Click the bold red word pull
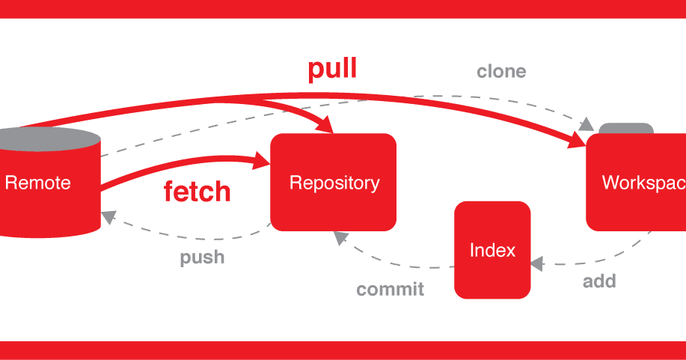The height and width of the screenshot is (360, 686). pyautogui.click(x=332, y=69)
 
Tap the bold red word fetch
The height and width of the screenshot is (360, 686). pyautogui.click(x=197, y=192)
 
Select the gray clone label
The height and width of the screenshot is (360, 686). pyautogui.click(x=501, y=72)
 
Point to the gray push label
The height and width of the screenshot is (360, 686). pyautogui.click(x=202, y=257)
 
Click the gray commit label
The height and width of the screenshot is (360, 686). pyautogui.click(x=390, y=289)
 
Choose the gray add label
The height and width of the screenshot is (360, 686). pyautogui.click(x=599, y=281)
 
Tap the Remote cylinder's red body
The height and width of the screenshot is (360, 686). pyautogui.click(x=45, y=202)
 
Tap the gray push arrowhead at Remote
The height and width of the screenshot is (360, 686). pyautogui.click(x=109, y=216)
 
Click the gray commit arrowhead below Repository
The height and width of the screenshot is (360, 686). pyautogui.click(x=341, y=237)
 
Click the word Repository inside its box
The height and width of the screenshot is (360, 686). pyautogui.click(x=334, y=183)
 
